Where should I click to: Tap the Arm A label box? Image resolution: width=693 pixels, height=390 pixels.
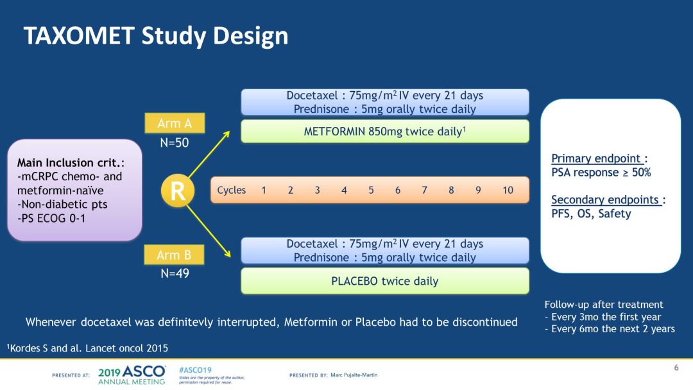click(175, 123)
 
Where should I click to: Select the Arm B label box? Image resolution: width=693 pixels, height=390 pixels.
click(175, 255)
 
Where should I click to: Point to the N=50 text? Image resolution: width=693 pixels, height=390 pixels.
click(175, 142)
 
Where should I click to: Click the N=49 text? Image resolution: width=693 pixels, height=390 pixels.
click(175, 273)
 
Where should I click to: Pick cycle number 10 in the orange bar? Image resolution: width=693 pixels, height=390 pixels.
click(508, 190)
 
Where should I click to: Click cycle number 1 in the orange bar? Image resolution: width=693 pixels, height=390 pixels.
click(264, 190)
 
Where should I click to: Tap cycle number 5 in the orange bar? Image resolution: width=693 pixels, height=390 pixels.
click(371, 190)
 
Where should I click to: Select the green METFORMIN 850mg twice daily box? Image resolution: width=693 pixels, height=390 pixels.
click(384, 131)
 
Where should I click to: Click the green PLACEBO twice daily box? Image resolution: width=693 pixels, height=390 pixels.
click(384, 281)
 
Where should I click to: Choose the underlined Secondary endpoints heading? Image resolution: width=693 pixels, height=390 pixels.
click(607, 199)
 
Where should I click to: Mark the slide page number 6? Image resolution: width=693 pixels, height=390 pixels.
click(676, 368)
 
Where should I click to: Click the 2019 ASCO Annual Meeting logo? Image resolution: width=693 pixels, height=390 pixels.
click(132, 375)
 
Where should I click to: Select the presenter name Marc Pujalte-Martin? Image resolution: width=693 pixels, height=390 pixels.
click(354, 375)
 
